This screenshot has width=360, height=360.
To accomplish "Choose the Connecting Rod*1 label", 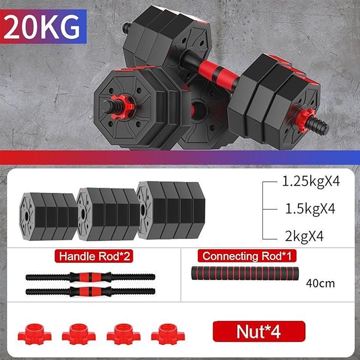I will coord(247,257).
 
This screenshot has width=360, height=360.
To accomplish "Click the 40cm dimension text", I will coord(320,283).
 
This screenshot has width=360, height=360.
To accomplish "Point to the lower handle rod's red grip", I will coord(90,292).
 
